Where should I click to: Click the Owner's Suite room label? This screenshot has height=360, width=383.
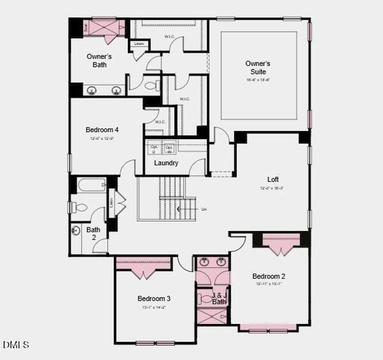pos(258,67)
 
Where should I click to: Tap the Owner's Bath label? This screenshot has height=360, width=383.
pos(99,61)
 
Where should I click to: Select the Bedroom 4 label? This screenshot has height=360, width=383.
pos(102,130)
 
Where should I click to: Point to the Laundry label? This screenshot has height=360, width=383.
pos(166,163)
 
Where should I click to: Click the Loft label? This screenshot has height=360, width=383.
pos(273,179)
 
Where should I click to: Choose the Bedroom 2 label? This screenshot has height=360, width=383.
pos(270,276)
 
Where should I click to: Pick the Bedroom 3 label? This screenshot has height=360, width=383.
pos(154,299)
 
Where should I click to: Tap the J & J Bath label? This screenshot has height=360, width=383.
pos(220,298)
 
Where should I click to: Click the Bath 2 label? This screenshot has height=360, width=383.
pos(93,233)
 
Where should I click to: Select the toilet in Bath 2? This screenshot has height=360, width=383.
pos(79,208)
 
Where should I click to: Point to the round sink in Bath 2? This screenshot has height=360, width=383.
pos(76,230)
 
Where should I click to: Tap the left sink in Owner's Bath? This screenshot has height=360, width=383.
pos(92,91)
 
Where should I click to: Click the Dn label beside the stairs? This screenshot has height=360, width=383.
pos(204,209)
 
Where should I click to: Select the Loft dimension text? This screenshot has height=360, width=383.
pos(272,188)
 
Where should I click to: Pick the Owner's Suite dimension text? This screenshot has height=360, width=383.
pos(258,80)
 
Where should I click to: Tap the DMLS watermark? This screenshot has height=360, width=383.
pos(16,344)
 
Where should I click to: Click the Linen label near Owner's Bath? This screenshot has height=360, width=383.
pos(139,44)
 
